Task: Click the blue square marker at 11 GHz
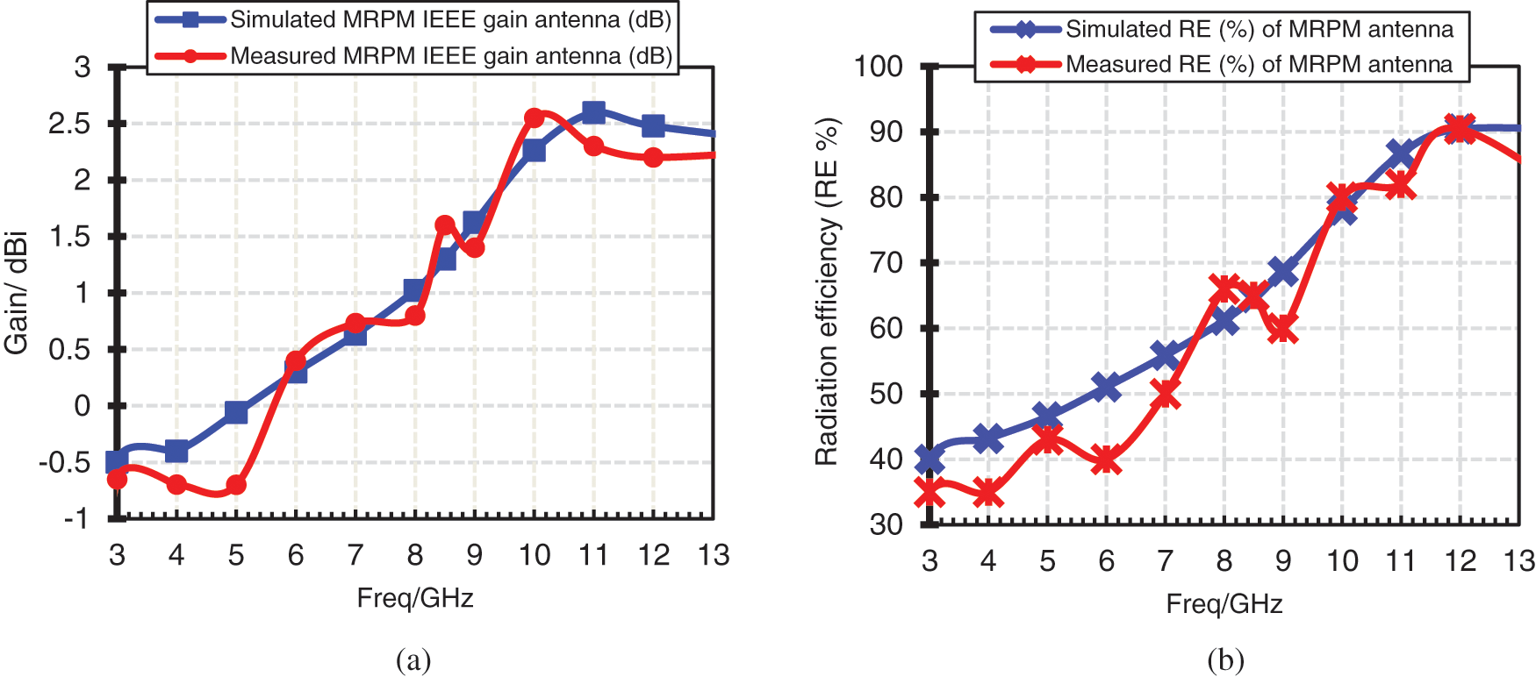[x=593, y=112]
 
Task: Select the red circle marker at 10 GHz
[x=534, y=118]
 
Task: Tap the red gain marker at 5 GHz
[x=236, y=485]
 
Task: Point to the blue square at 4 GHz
[x=176, y=452]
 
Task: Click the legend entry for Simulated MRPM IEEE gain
[x=449, y=20]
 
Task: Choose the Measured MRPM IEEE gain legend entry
[x=449, y=56]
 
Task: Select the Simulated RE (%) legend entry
[x=1259, y=30]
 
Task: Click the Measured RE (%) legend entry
[x=1259, y=64]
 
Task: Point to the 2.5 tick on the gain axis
[x=69, y=124]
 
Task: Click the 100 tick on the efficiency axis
[x=879, y=67]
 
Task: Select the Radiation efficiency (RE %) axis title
[x=827, y=291]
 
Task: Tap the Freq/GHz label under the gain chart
[x=415, y=598]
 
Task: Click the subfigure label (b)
[x=1225, y=659]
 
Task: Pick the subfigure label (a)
[x=413, y=659]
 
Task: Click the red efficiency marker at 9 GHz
[x=1283, y=330]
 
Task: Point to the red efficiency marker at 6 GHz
[x=1106, y=460]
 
